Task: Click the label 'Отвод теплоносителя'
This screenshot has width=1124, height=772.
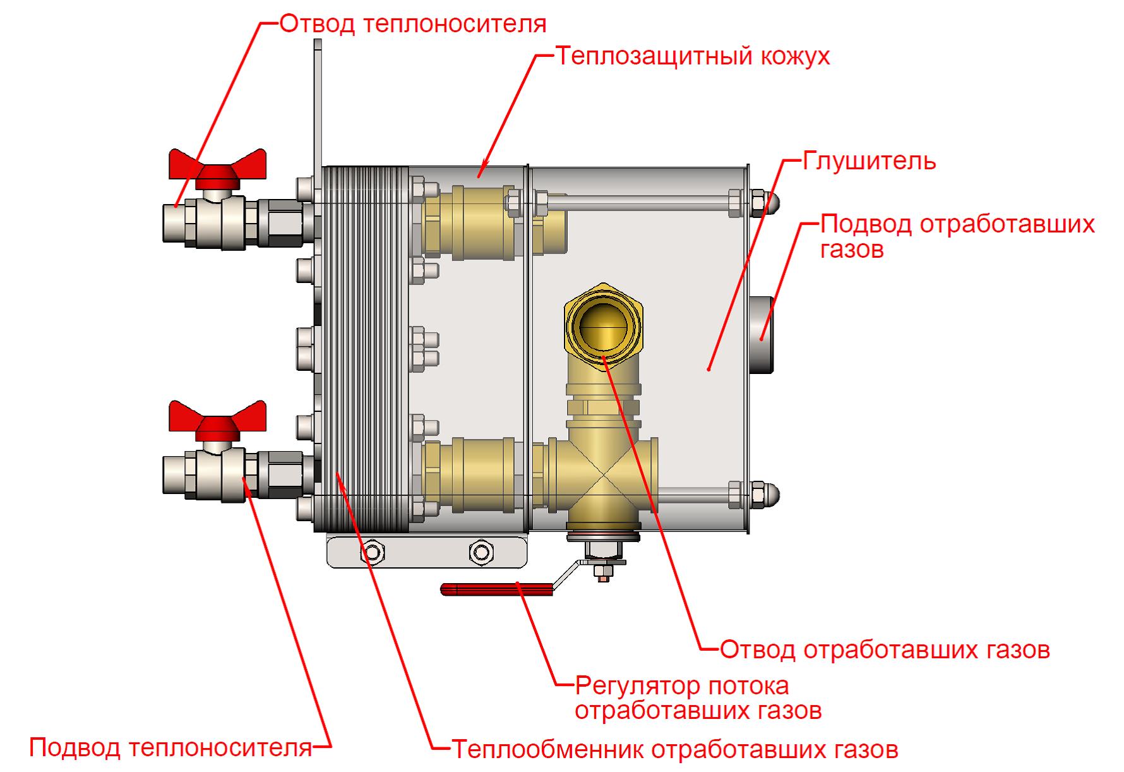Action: click(413, 24)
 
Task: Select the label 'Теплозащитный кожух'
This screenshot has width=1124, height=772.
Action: click(693, 56)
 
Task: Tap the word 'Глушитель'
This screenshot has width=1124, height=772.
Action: click(869, 161)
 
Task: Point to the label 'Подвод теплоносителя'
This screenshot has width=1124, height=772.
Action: click(171, 748)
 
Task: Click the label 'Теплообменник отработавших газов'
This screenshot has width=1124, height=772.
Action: click(674, 749)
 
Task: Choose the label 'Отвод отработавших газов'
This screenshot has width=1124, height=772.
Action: click(885, 649)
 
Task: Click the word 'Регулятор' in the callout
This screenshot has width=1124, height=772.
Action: click(633, 685)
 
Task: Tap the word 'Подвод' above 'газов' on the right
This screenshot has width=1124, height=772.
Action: click(866, 224)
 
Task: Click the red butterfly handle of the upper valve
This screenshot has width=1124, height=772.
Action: click(217, 167)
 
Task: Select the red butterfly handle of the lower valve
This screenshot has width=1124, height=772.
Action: click(217, 418)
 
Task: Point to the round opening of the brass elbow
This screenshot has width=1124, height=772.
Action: click(604, 328)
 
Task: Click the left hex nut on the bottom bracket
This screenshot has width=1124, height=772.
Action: click(372, 552)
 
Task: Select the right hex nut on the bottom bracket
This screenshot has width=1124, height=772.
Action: click(482, 552)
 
